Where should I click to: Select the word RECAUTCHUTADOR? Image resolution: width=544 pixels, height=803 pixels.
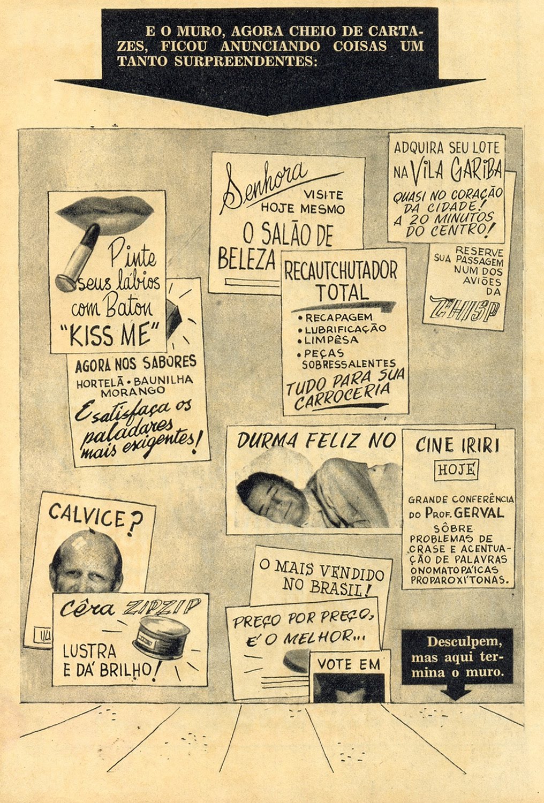coord(341,271)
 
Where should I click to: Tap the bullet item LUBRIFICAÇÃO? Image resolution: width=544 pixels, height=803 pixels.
coord(345,328)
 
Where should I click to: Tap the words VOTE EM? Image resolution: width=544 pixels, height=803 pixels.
coord(349,664)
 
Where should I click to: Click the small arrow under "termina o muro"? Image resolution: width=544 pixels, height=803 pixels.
coord(456,695)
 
